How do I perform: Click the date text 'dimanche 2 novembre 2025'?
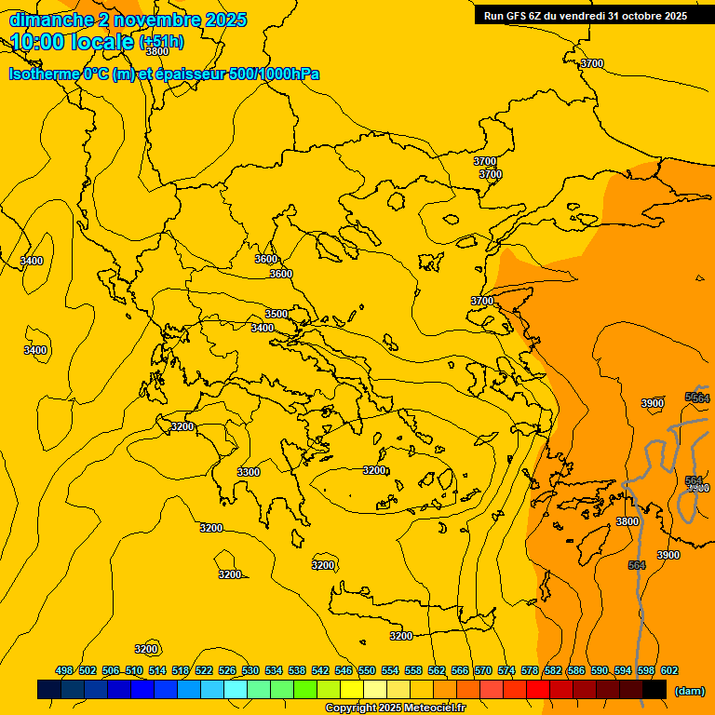[x=128, y=20]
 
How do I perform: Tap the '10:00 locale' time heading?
[x=73, y=42]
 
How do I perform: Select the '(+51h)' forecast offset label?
[x=161, y=42]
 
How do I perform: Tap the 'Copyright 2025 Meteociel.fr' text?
[x=395, y=708]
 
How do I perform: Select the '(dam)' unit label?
[x=689, y=691]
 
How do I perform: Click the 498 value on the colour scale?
[x=64, y=671]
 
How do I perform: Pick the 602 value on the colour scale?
[x=669, y=671]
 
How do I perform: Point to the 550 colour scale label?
[x=367, y=671]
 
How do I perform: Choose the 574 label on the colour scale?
[x=506, y=671]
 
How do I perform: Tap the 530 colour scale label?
[x=250, y=671]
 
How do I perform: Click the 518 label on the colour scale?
[x=181, y=671]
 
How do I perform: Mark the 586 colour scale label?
[x=576, y=671]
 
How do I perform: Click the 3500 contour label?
[x=277, y=314]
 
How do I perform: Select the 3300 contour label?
[x=249, y=472]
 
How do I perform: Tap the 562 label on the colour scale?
[x=437, y=671]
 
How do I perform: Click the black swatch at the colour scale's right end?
[x=654, y=690]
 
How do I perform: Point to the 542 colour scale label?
[x=320, y=671]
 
